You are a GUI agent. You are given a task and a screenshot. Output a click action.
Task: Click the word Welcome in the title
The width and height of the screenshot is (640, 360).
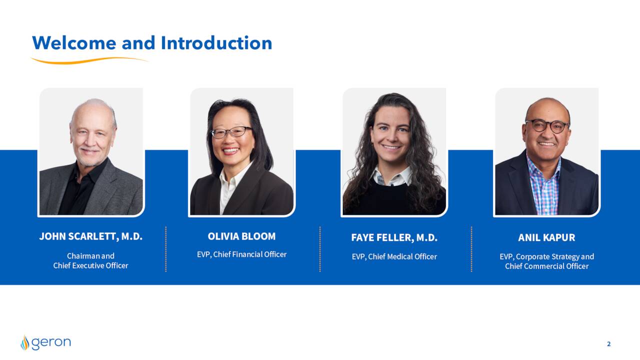[x=74, y=43]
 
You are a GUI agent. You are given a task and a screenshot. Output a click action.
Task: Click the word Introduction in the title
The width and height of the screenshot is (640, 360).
[x=216, y=43]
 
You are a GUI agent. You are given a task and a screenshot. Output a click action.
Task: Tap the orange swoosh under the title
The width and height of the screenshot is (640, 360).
[x=89, y=60]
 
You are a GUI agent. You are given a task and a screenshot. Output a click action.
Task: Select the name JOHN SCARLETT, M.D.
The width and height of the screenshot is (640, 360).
[x=91, y=236]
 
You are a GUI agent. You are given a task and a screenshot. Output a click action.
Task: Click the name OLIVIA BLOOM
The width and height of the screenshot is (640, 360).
[x=241, y=236]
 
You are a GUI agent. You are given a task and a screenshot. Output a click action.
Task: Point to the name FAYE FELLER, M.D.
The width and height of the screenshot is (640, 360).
[x=394, y=237]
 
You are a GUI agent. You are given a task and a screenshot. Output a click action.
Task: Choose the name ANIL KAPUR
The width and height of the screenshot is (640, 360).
[x=546, y=237]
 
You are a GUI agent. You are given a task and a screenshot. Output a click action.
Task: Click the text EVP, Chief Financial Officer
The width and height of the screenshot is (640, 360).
[x=241, y=254]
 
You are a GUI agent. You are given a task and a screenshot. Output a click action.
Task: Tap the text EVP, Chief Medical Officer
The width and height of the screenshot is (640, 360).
[x=394, y=256]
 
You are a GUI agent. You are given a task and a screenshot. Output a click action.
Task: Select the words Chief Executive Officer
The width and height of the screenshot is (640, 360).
[x=91, y=265]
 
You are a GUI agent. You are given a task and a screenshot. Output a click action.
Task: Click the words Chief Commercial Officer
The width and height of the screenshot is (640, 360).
[x=547, y=266]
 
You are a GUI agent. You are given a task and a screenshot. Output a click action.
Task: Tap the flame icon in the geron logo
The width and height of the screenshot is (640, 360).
[x=25, y=343]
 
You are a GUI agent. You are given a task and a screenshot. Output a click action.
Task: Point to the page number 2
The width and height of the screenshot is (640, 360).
[x=609, y=344]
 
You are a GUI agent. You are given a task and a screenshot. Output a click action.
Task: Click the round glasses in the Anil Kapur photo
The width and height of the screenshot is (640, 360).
[x=547, y=126]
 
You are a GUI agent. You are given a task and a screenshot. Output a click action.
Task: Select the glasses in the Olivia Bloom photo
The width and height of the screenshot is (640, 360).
[x=231, y=132]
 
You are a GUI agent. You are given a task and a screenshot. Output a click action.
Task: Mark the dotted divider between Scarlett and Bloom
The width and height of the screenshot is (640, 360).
[x=165, y=249]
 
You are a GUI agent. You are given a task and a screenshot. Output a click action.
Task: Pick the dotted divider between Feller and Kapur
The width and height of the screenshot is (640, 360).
[x=471, y=249]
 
